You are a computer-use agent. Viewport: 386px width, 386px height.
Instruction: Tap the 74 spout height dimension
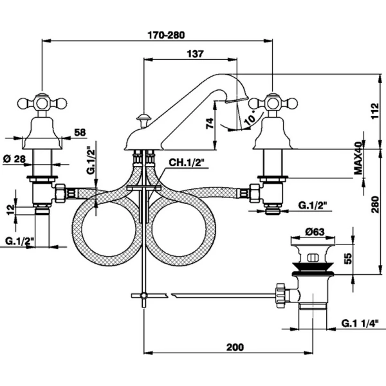[209, 124]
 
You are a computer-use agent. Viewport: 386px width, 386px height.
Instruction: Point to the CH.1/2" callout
[186, 163]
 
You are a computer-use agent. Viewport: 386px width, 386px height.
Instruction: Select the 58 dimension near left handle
[80, 132]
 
